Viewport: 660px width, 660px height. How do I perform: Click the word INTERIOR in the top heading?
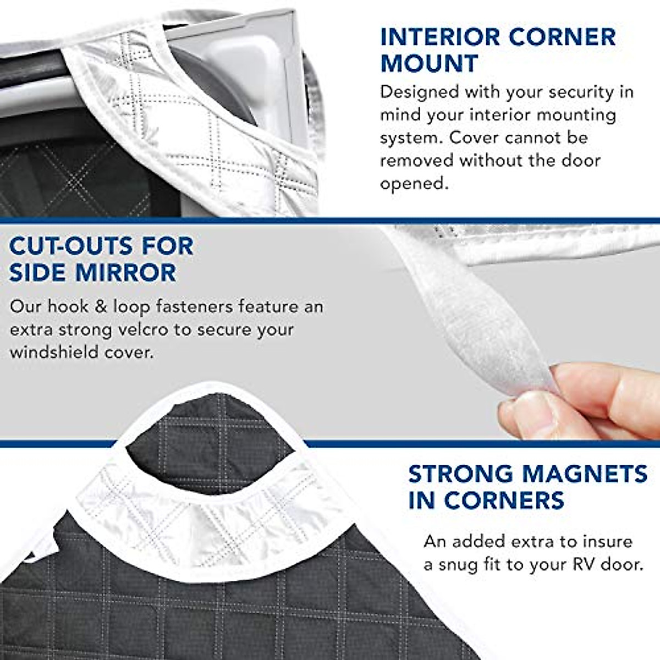pos(438,37)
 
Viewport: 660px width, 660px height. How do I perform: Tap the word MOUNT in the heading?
pos(429,63)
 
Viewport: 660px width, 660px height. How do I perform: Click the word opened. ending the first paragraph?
pos(414,184)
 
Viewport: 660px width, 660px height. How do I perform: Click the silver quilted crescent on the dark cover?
pos(209,517)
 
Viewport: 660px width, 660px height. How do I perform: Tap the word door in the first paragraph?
pos(582,161)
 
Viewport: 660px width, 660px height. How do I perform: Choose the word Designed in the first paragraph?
pos(419,92)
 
